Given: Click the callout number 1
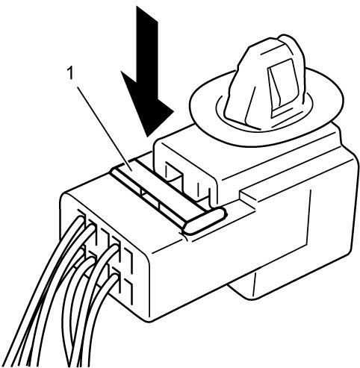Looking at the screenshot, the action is point(71,73).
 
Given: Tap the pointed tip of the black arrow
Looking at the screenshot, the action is point(147,137).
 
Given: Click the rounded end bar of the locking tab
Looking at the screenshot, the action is point(205,221).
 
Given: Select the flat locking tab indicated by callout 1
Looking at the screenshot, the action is point(159,192).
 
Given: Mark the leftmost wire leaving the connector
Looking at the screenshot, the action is point(37,299).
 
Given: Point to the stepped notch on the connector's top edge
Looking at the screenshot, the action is point(249,196).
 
